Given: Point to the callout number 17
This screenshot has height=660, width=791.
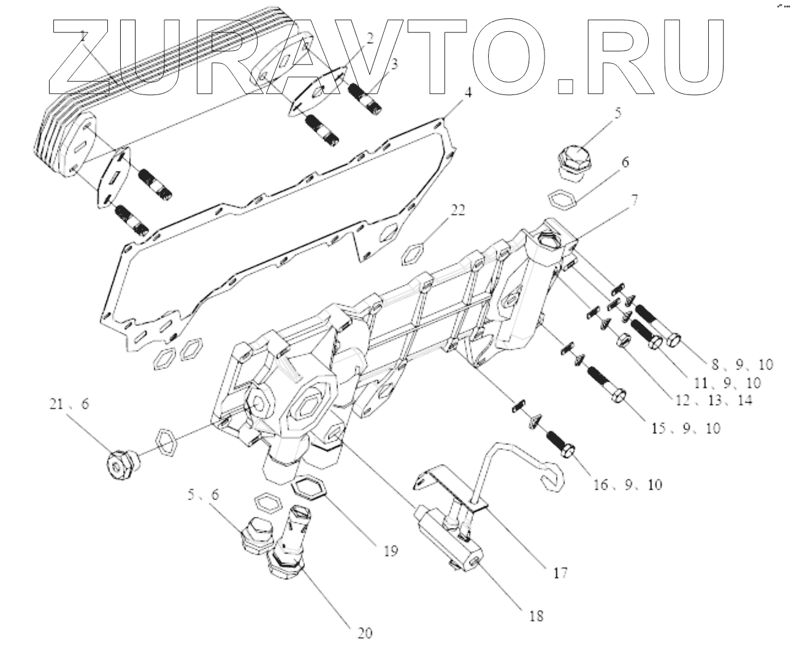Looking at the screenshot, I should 560,573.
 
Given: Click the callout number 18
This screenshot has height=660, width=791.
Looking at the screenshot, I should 536,615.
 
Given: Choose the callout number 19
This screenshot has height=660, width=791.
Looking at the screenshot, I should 390,550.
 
